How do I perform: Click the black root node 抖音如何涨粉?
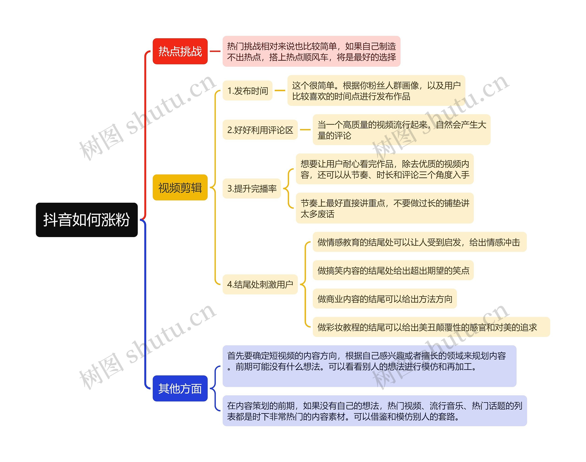(x=87, y=220)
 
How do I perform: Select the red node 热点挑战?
(x=180, y=51)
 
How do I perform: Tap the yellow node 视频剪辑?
(x=180, y=187)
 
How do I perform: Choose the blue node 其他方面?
(x=180, y=388)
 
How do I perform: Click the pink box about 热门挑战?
(x=311, y=51)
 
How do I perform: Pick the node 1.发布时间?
(x=247, y=91)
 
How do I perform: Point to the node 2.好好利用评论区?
(x=260, y=130)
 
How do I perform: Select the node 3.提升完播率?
(x=252, y=189)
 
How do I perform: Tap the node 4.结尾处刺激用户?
(x=260, y=284)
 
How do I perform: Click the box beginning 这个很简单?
(x=376, y=91)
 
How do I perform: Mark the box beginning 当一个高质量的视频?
(x=402, y=130)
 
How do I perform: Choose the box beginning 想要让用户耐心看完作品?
(x=384, y=169)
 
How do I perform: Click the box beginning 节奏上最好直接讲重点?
(x=384, y=208)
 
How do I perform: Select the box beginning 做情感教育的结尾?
(x=420, y=242)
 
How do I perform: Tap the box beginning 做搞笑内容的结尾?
(x=393, y=270)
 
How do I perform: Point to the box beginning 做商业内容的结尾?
(x=385, y=299)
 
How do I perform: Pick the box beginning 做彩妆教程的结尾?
(x=431, y=327)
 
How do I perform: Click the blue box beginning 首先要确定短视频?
(x=369, y=366)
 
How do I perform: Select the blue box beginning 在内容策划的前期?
(x=375, y=411)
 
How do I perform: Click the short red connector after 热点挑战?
(x=215, y=51)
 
